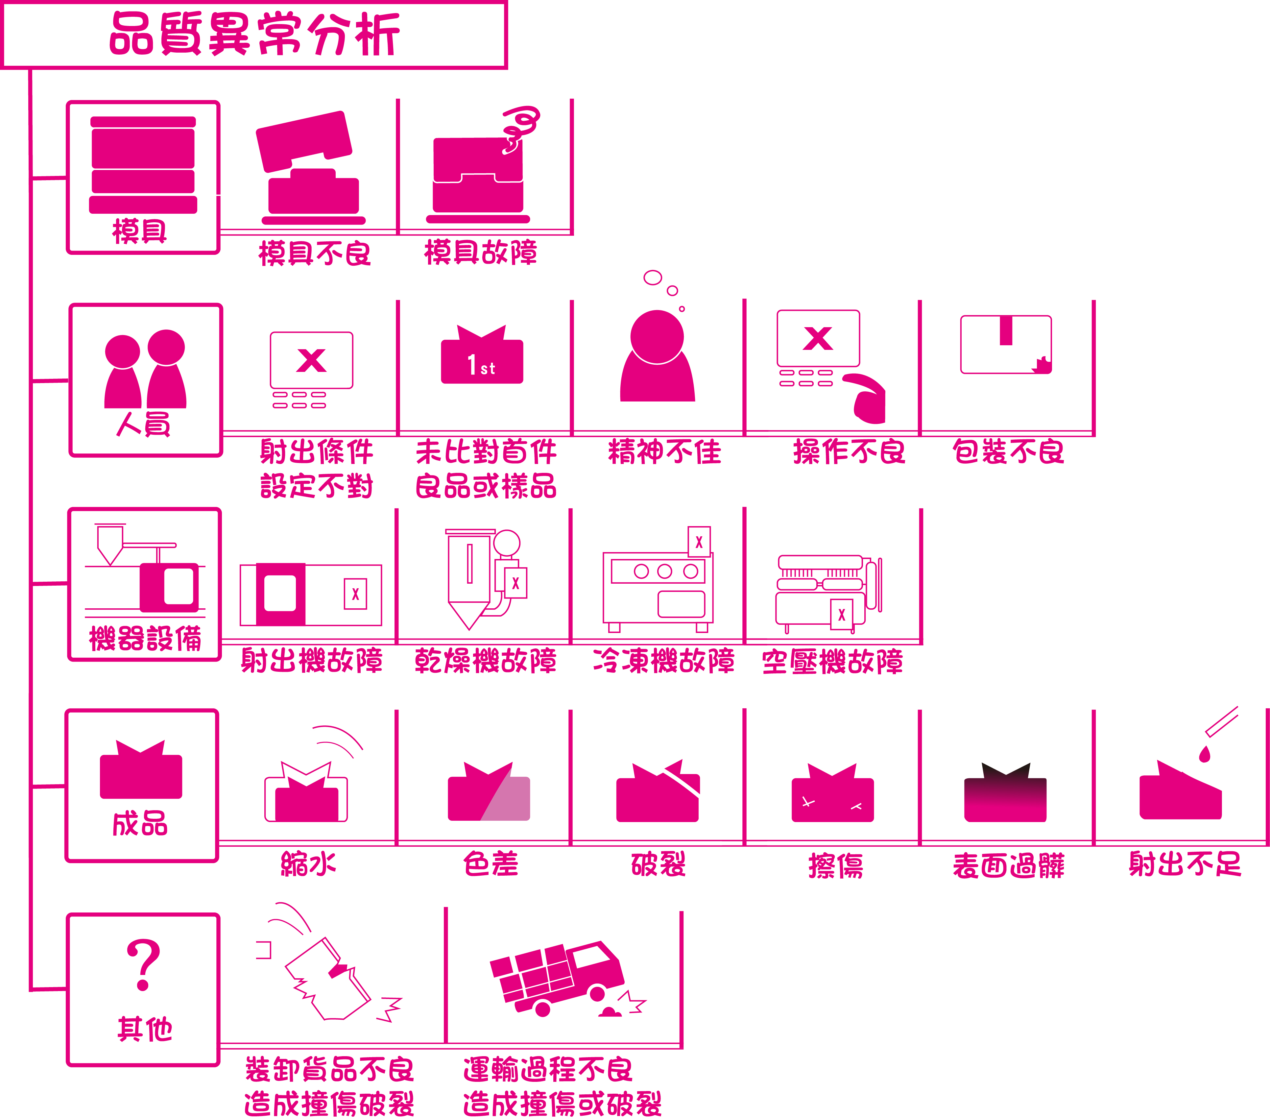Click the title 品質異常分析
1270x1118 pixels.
tap(255, 34)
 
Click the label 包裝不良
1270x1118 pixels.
tap(1008, 452)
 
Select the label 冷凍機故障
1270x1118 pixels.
tap(663, 661)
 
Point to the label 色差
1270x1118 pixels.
tap(490, 864)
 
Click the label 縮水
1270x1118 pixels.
tap(308, 864)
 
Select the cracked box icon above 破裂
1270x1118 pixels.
tap(658, 792)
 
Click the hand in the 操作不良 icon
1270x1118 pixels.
tap(867, 398)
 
